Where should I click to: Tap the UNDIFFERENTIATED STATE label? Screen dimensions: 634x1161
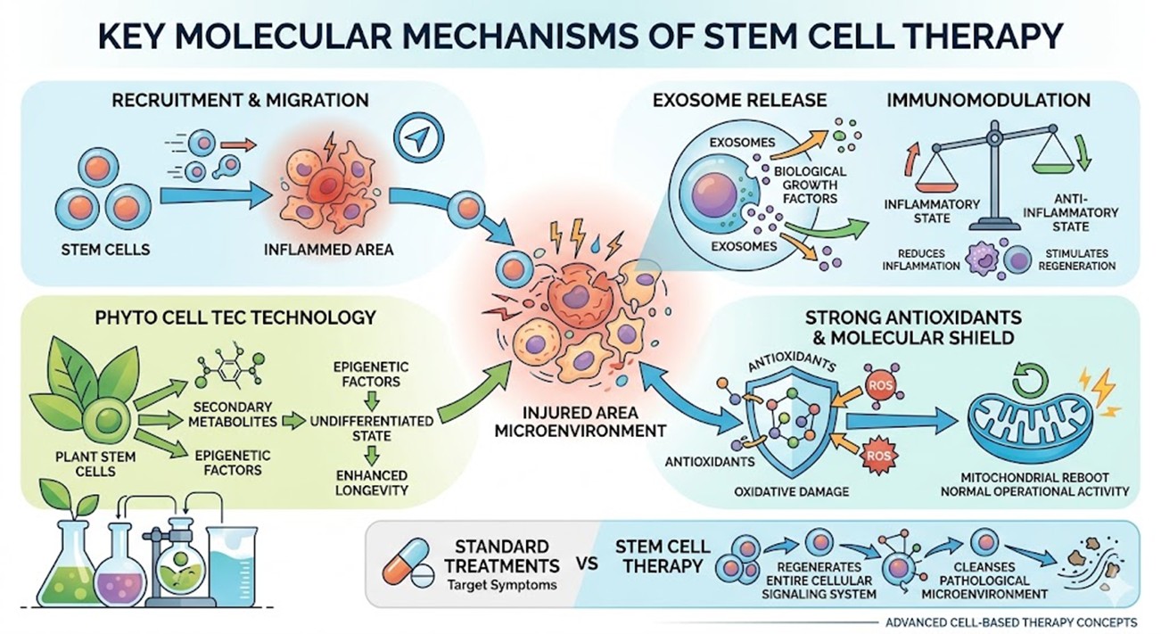372,427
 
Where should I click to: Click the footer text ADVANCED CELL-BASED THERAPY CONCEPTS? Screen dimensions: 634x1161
1009,622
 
